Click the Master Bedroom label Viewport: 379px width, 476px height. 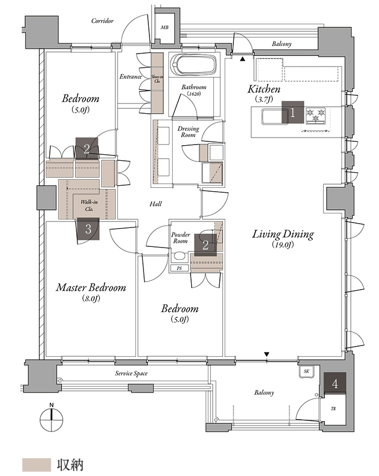pos(91,288)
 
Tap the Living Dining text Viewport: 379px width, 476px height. pos(283,234)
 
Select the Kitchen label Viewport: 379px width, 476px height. pos(264,89)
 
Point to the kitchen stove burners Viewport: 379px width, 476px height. pos(316,116)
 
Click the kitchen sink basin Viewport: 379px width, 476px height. pos(272,116)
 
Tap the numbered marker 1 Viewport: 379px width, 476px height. pos(293,113)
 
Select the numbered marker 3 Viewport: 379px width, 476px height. pos(88,229)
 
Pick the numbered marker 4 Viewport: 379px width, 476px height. pos(335,383)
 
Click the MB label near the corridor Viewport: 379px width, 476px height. pos(165,28)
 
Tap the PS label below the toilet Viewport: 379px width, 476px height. pos(179,269)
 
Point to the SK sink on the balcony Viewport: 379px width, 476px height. pos(307,371)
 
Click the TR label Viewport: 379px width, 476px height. pos(333,409)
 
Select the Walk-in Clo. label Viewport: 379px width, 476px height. pos(89,206)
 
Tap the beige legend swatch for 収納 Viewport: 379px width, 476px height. pos(36,465)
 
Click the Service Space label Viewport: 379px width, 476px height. pos(131,374)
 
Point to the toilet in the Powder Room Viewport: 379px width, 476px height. pos(179,257)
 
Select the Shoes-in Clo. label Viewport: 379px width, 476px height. pos(157,79)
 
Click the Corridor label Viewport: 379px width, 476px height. pos(102,21)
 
